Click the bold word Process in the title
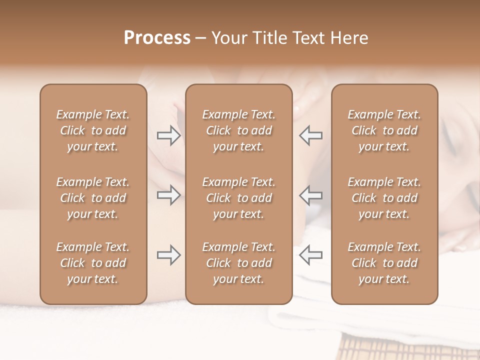[157, 37]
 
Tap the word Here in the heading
[349, 37]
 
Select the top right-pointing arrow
[168, 135]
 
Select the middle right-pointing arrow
[168, 195]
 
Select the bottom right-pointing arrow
[168, 255]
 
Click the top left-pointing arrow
[310, 135]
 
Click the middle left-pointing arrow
[310, 195]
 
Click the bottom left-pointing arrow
[310, 255]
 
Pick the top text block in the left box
[93, 130]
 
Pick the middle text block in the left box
[93, 198]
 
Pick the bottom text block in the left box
[93, 263]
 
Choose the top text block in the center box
[239, 130]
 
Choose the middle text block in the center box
[239, 198]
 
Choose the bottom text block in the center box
[239, 263]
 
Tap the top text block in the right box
[384, 130]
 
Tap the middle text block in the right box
[384, 198]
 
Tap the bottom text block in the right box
[384, 263]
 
